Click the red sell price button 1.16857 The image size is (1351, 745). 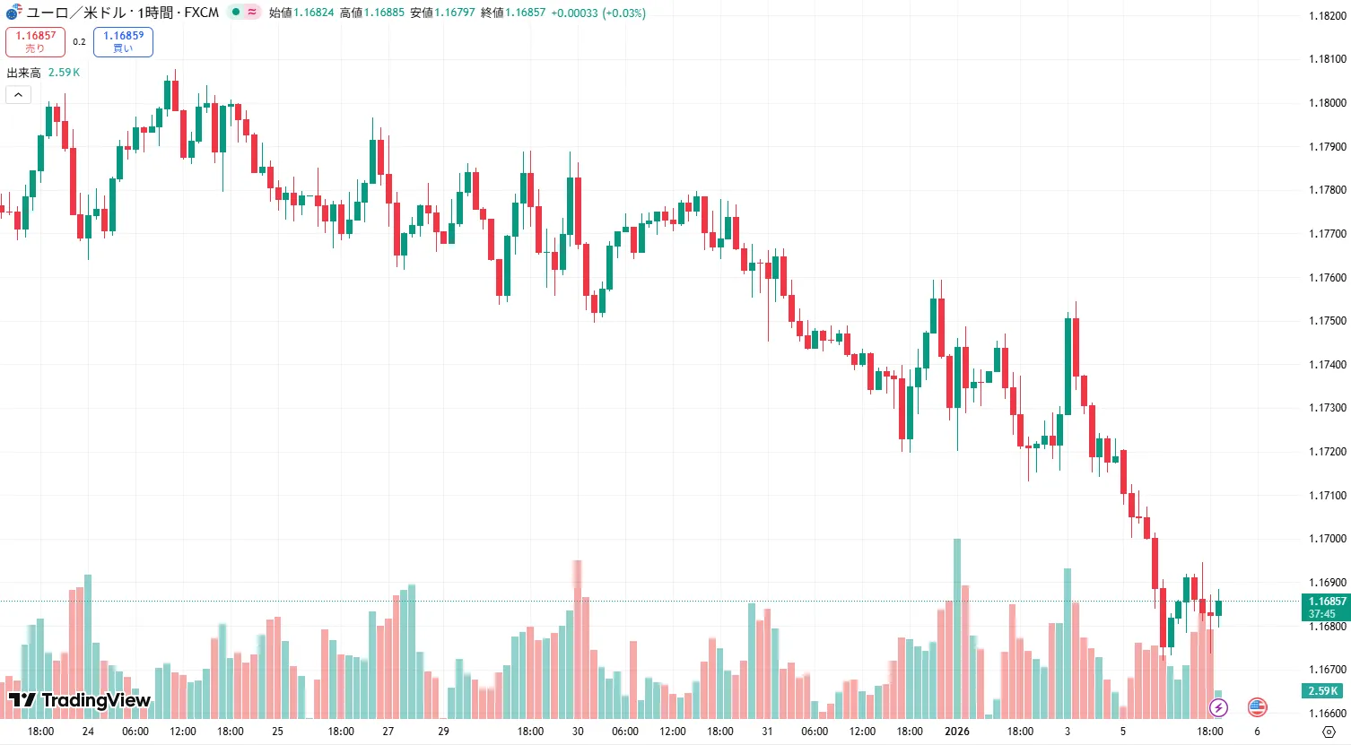click(x=35, y=41)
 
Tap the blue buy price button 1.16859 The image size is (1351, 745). click(x=123, y=41)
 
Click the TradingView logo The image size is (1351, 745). click(x=80, y=700)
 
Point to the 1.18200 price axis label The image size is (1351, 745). click(x=1327, y=16)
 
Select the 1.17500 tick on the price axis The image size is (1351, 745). click(x=1327, y=321)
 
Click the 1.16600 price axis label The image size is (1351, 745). click(x=1327, y=714)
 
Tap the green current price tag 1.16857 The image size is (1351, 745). click(x=1326, y=607)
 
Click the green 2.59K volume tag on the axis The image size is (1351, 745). click(x=1322, y=691)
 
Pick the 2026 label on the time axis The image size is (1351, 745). click(x=957, y=732)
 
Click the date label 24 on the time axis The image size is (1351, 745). click(x=88, y=732)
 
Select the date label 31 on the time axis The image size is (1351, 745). click(x=767, y=732)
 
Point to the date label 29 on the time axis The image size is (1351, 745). click(x=443, y=732)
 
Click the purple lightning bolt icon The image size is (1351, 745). click(x=1218, y=707)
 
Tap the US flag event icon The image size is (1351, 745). click(x=1258, y=707)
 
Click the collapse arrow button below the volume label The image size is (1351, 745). click(x=18, y=94)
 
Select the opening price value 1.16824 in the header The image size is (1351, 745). click(x=313, y=13)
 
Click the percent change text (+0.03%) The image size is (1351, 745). click(x=623, y=13)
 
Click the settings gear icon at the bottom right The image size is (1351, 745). click(x=1329, y=732)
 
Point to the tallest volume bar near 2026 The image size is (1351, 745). click(x=957, y=628)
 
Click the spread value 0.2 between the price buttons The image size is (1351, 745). click(x=79, y=42)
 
